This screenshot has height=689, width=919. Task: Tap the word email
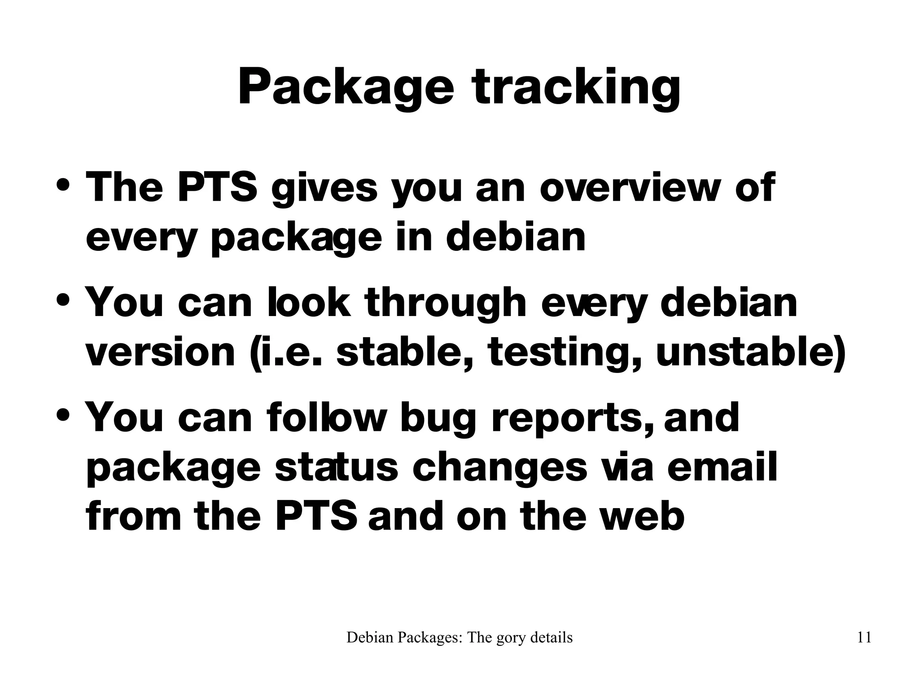pyautogui.click(x=722, y=467)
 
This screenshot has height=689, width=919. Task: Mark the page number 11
pyautogui.click(x=864, y=638)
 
